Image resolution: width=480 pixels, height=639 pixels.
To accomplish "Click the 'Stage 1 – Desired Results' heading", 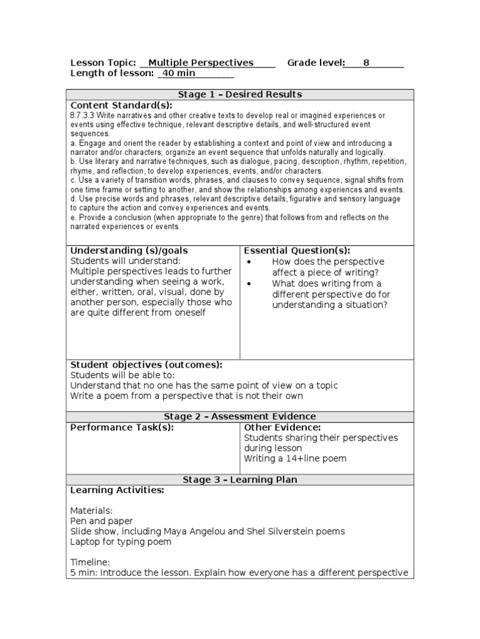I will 240,95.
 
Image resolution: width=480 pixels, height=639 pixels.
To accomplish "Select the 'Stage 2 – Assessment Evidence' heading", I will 240,417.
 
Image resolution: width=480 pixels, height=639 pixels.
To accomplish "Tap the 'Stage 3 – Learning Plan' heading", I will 240,480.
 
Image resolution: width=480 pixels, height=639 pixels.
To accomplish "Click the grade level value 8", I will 366,63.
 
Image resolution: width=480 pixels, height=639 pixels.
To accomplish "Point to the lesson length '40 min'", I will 179,74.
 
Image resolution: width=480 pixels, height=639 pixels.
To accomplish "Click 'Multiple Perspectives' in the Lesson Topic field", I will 201,63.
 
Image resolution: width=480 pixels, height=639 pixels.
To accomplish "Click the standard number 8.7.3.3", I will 83,116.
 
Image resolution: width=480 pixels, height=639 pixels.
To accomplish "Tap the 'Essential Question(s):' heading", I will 297,251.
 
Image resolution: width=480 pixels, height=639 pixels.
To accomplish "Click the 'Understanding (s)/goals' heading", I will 129,251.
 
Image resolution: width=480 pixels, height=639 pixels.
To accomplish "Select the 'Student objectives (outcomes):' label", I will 146,365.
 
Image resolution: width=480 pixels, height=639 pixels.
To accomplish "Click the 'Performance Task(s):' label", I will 122,427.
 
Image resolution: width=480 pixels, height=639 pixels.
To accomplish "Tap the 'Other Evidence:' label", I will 282,427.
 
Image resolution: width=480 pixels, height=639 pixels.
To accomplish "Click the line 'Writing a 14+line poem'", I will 295,459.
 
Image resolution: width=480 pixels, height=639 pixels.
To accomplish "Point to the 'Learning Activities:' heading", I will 117,490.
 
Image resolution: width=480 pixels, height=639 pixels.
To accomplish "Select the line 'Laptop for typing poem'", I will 121,542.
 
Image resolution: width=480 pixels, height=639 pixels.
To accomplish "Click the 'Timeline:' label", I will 91,562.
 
